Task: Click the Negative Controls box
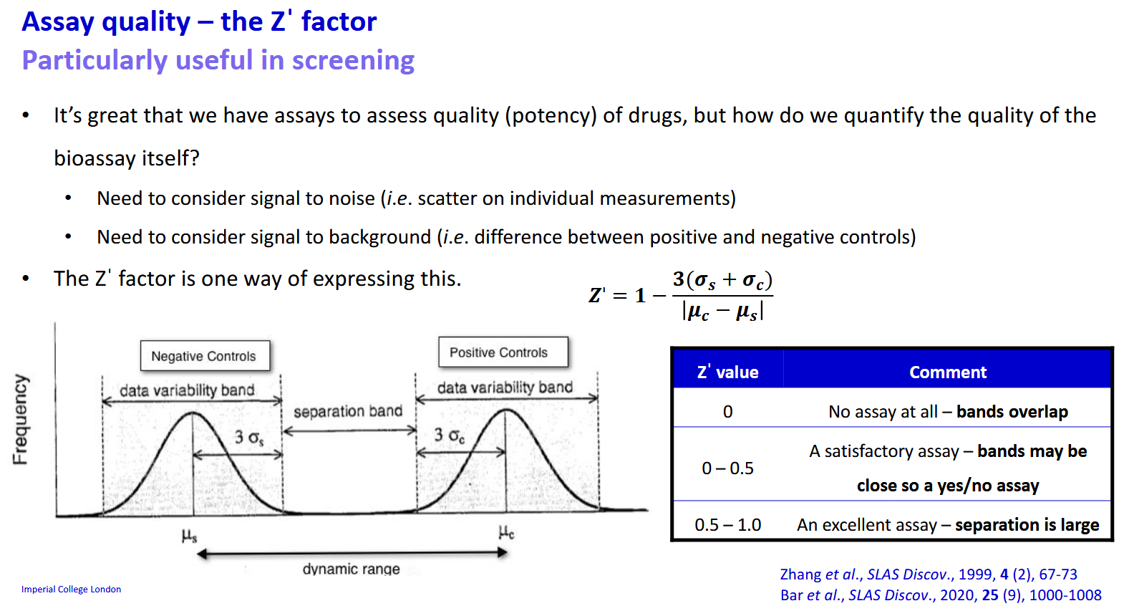coord(204,356)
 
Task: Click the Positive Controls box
coord(499,352)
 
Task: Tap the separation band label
coord(348,411)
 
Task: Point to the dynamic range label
coord(351,569)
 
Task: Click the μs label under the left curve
coord(189,535)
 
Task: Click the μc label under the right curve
coord(506,532)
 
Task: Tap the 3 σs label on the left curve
coord(249,437)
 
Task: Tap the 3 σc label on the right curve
coord(449,435)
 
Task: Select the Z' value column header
coord(727,372)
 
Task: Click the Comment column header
coord(947,372)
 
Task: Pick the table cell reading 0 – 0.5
coord(727,468)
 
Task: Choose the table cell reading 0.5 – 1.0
coord(727,525)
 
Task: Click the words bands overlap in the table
coord(1012,412)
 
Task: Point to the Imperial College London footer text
coord(71,589)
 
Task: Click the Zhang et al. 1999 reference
coord(928,574)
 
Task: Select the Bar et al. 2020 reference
coord(940,595)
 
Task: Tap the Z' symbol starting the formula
coord(597,295)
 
